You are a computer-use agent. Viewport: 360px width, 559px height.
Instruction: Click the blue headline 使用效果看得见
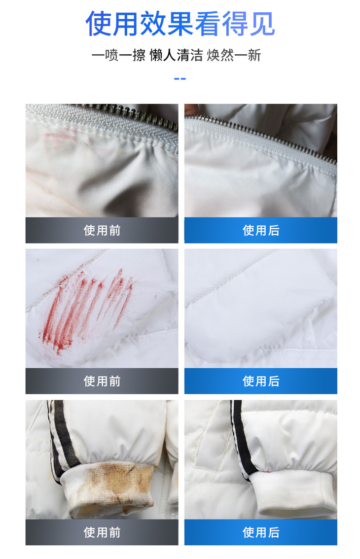coord(180,24)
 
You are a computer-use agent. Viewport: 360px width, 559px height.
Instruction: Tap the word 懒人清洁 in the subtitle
coord(176,55)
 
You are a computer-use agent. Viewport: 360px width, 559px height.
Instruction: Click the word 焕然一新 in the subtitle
coord(234,55)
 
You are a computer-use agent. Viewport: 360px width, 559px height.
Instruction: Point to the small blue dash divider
coord(180,79)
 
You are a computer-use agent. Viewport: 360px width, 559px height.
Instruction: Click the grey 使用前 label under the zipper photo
coord(102,230)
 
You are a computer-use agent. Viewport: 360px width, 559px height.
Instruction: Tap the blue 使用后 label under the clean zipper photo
coord(261,230)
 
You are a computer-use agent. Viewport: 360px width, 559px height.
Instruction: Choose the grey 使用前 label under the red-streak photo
coord(102,381)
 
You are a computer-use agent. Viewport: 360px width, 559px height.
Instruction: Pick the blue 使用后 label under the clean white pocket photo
coord(261,381)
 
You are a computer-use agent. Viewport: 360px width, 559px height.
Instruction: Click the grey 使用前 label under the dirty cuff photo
coord(102,532)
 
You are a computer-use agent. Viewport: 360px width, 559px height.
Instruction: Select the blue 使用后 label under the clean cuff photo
coord(261,532)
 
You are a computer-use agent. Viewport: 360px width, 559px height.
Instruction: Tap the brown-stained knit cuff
coord(107,489)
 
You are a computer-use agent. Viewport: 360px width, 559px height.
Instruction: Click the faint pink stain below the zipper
coord(64,139)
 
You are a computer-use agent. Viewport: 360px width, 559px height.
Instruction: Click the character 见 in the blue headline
coord(262,24)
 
